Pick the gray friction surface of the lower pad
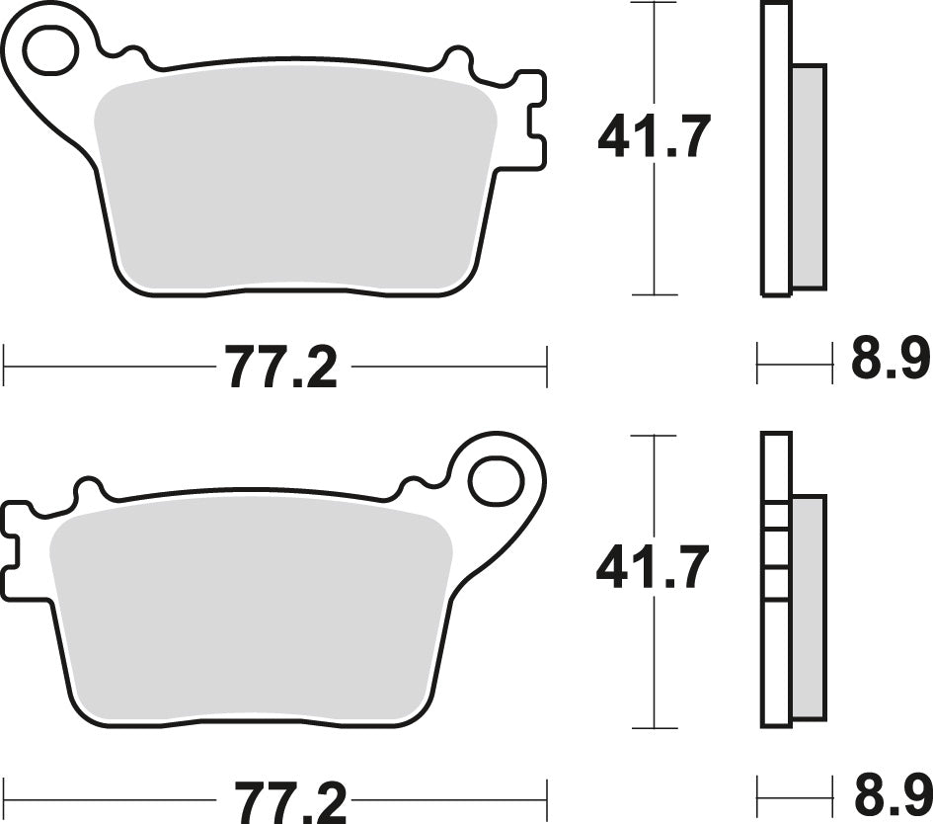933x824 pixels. pos(252,613)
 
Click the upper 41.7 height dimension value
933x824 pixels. pos(654,137)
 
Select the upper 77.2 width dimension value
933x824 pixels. pos(282,368)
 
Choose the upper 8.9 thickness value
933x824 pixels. pos(890,361)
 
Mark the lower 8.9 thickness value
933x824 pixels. pos(890,794)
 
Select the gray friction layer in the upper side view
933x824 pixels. pos(809,177)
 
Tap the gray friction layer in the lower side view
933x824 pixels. pos(808,608)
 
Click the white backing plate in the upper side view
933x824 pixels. pos(776,148)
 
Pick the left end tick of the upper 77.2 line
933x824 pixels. pos(5,367)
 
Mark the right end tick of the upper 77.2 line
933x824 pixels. pos(546,367)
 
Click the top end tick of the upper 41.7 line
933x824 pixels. pos(654,4)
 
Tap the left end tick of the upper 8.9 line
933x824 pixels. pos(758,364)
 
